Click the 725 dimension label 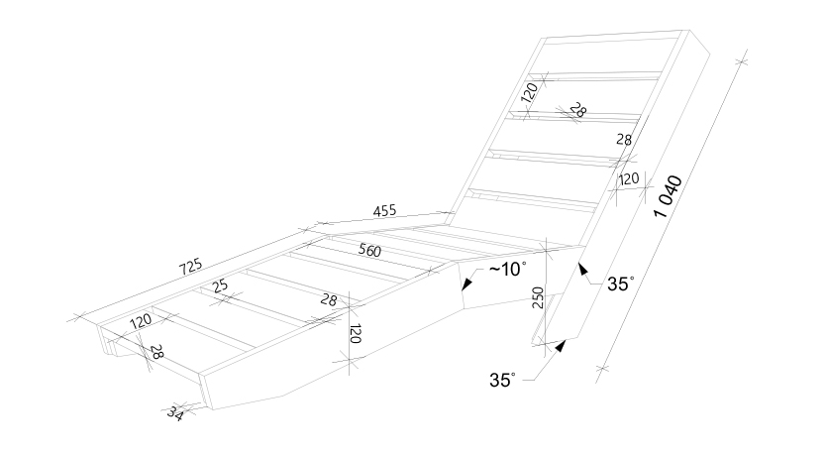(x=190, y=267)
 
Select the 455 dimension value (x=384, y=211)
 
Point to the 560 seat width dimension (x=369, y=250)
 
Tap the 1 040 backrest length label (x=668, y=196)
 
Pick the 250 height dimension (x=538, y=297)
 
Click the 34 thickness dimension (x=174, y=413)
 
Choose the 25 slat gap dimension (x=221, y=286)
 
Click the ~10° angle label (x=507, y=270)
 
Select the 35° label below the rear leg (x=502, y=380)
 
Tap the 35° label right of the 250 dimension (x=620, y=284)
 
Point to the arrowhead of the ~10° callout (x=466, y=285)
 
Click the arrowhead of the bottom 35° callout (x=561, y=346)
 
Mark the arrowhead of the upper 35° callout (x=582, y=270)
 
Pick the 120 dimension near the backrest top (x=529, y=92)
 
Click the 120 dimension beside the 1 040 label (x=628, y=179)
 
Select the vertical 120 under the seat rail (x=356, y=333)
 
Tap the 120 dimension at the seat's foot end (x=141, y=321)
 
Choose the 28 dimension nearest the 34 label (x=156, y=352)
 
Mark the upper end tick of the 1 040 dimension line (x=742, y=61)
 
